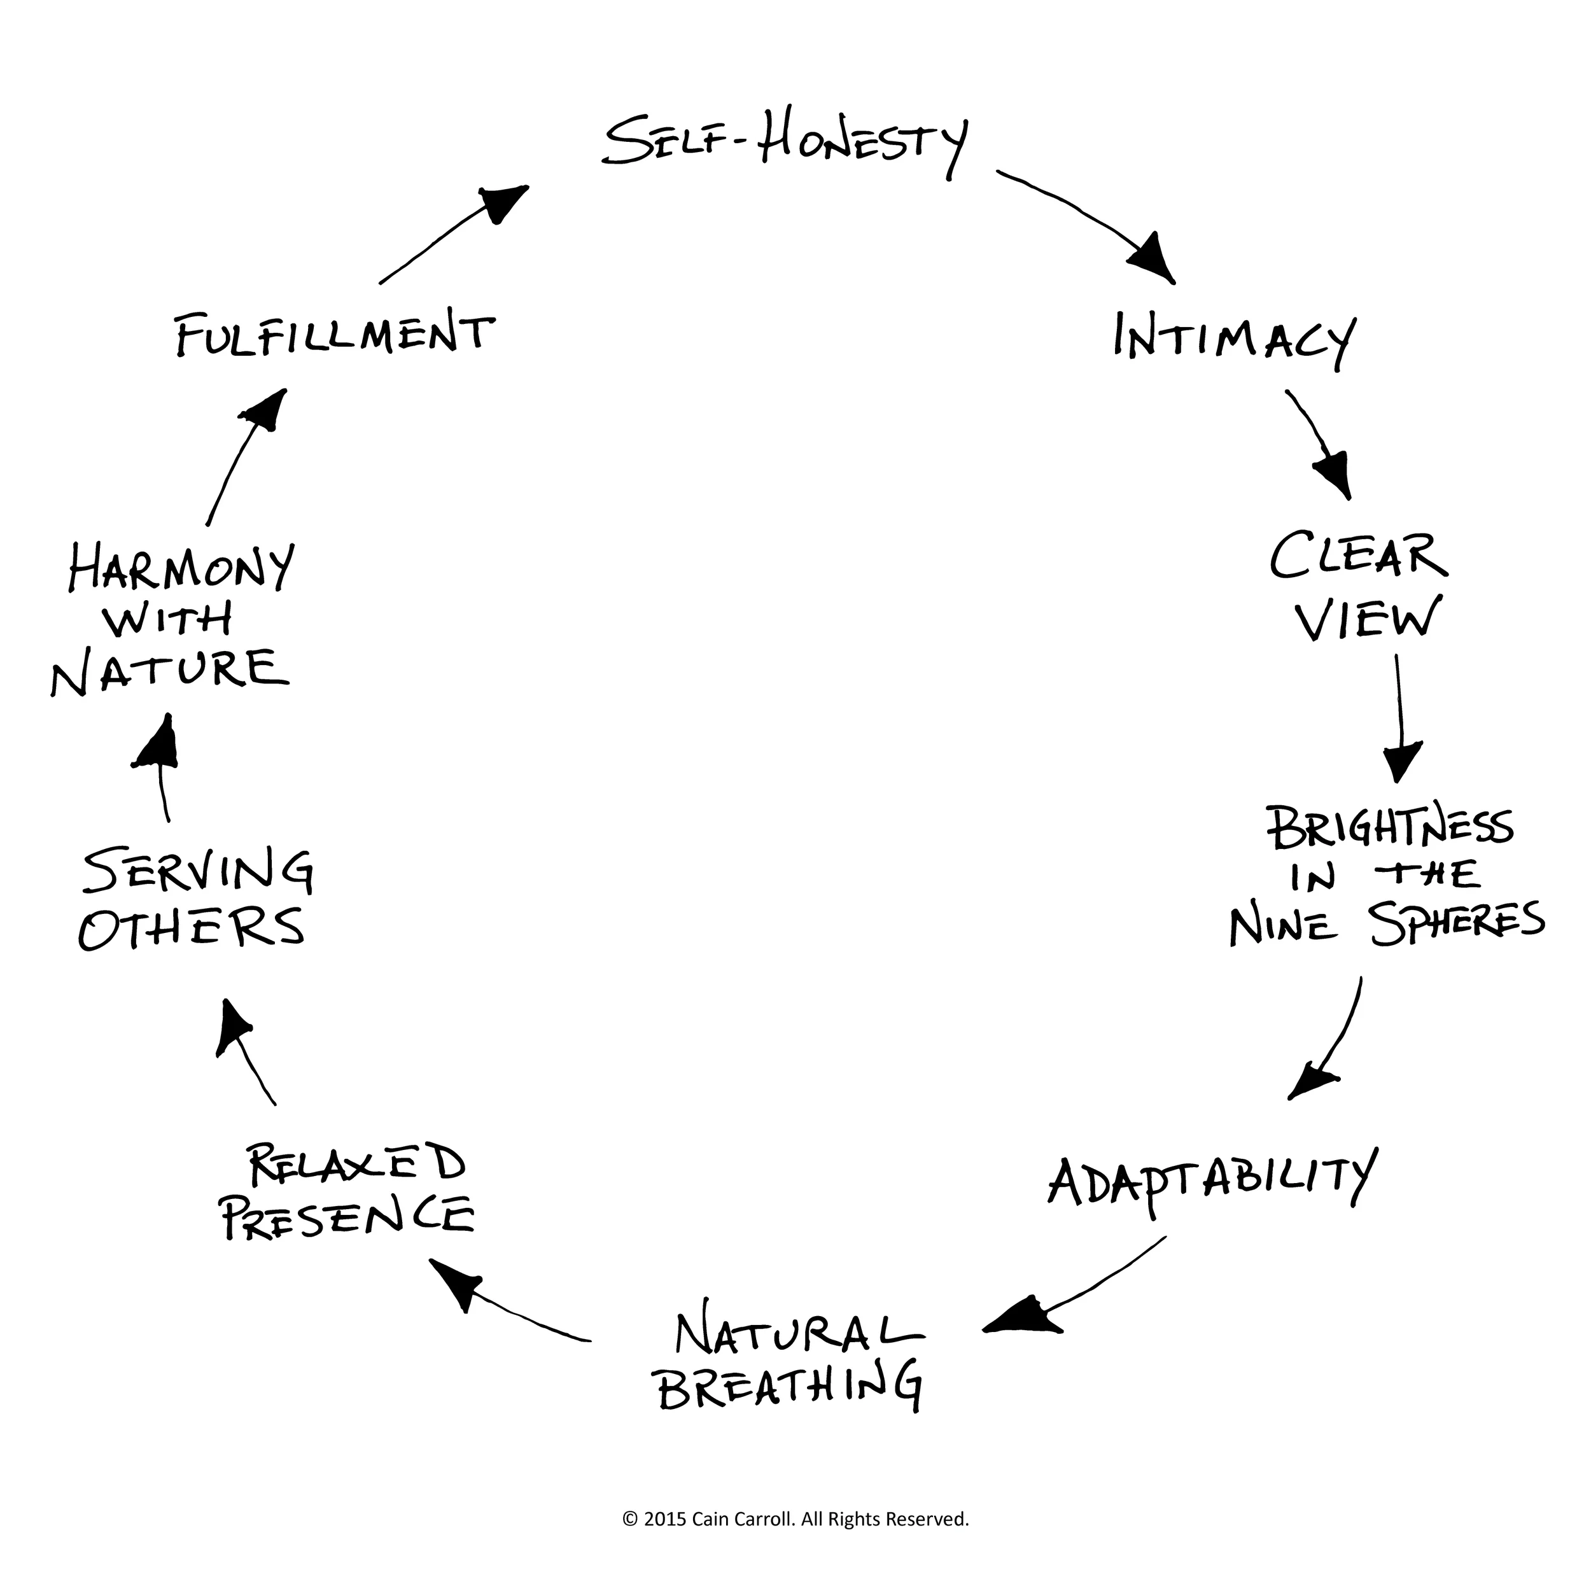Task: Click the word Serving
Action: pyautogui.click(x=198, y=873)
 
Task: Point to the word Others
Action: pyautogui.click(x=191, y=927)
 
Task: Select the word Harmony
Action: pyautogui.click(x=180, y=568)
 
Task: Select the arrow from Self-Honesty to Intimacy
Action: pyautogui.click(x=1087, y=222)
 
